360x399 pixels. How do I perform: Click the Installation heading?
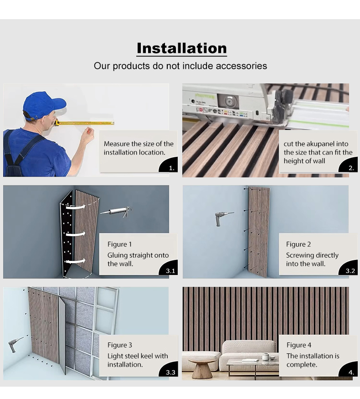(x=181, y=48)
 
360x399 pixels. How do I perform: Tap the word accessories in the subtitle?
(x=241, y=66)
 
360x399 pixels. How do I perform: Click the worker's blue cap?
(x=43, y=105)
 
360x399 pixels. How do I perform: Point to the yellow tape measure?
(x=84, y=123)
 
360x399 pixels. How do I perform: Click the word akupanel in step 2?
(x=316, y=144)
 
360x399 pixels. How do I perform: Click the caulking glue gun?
(x=116, y=212)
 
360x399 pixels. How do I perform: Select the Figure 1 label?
(x=119, y=244)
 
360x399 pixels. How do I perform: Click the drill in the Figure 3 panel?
(x=15, y=344)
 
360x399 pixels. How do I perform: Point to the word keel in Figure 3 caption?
(x=146, y=356)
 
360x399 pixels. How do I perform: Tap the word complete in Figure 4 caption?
(x=302, y=365)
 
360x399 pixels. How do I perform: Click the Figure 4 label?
(x=299, y=345)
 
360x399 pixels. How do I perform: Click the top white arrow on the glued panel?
(x=75, y=207)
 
